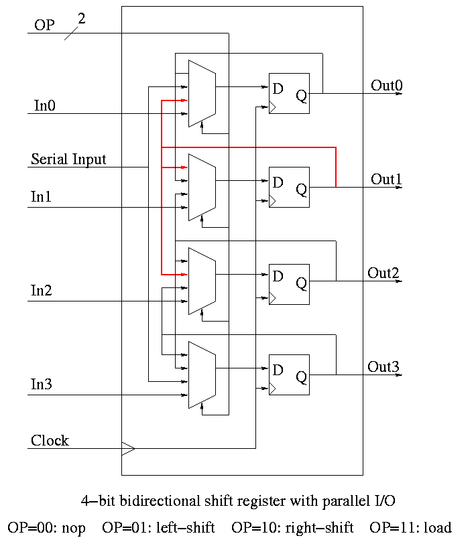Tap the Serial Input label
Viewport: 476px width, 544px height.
click(68, 159)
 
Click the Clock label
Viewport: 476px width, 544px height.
click(50, 440)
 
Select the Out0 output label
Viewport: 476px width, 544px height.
click(387, 85)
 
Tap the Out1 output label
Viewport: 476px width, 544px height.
click(387, 179)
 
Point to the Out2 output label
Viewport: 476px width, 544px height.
click(383, 273)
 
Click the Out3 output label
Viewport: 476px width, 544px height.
click(383, 366)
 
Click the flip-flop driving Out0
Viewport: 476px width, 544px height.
click(289, 94)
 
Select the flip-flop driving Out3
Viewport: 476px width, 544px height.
click(289, 375)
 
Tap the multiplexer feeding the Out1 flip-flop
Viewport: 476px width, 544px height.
click(201, 187)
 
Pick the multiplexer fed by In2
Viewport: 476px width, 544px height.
click(201, 281)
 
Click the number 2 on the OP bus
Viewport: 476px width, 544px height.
click(82, 19)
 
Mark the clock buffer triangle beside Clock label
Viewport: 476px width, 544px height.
click(127, 448)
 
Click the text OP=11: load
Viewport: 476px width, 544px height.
click(410, 528)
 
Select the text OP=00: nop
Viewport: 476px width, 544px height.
click(47, 528)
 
